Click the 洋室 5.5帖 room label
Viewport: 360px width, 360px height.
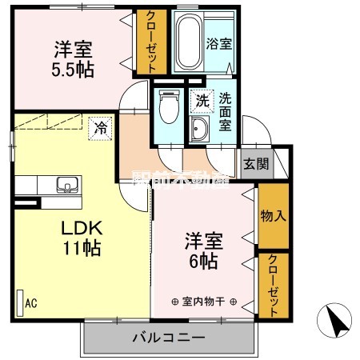(71, 58)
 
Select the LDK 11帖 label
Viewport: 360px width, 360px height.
(82, 238)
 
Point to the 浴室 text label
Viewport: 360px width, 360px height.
(218, 44)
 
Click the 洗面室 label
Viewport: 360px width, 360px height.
(226, 111)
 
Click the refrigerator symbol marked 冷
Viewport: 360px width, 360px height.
(102, 126)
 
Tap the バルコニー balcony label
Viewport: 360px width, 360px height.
(169, 338)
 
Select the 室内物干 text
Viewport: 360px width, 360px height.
(204, 302)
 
